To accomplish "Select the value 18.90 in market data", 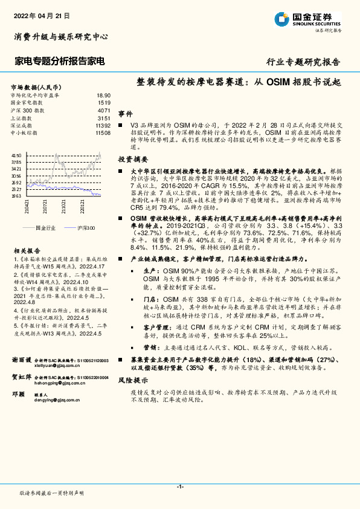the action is (104, 96).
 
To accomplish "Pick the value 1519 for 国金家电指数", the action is (104, 103).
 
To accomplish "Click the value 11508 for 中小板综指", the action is (103, 132).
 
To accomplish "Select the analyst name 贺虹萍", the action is (22, 377).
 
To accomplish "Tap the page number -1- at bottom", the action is (179, 487).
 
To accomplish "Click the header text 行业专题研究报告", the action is (303, 62).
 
